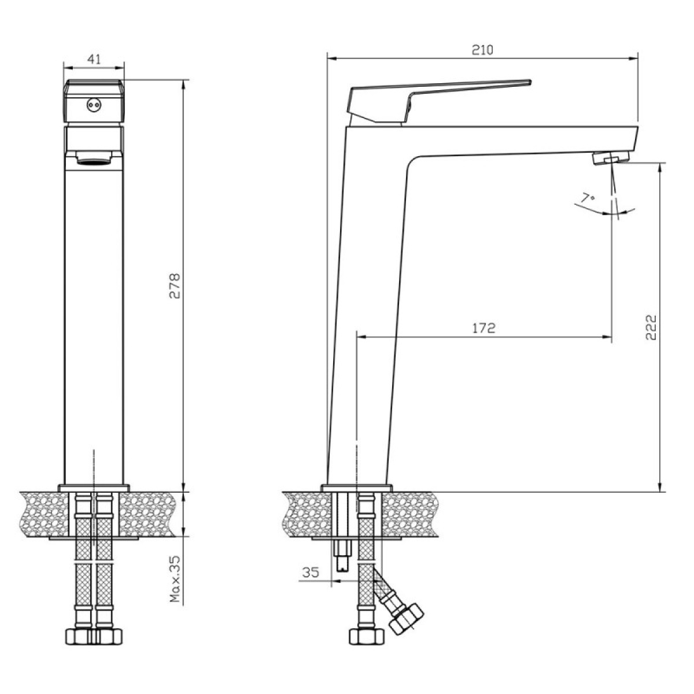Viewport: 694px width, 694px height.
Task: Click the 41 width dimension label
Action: pyautogui.click(x=94, y=59)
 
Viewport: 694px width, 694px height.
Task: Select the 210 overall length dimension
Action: pyautogui.click(x=482, y=50)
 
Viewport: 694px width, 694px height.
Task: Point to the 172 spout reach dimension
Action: pyautogui.click(x=483, y=328)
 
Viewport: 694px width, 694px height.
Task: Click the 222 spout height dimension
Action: pyautogui.click(x=651, y=327)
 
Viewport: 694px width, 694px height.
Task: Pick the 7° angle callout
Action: pyautogui.click(x=588, y=198)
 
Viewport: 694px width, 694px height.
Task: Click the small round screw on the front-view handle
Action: pyautogui.click(x=94, y=105)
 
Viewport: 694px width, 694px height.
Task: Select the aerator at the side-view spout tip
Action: pyautogui.click(x=611, y=158)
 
